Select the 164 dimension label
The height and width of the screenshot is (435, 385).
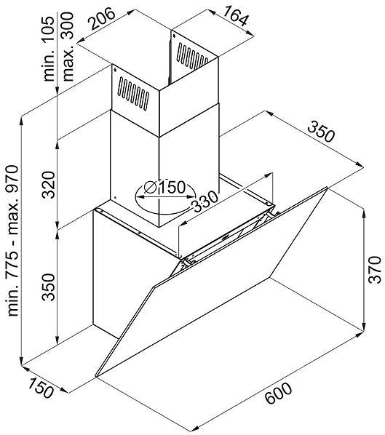tap(235, 16)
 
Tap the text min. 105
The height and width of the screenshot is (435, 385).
tap(49, 49)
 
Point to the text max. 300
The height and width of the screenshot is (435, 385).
tap(68, 47)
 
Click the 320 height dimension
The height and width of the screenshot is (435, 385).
tap(49, 185)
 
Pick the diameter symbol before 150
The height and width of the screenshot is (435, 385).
tap(151, 188)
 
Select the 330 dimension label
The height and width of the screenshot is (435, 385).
tap(205, 201)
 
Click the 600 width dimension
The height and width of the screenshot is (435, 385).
tap(279, 393)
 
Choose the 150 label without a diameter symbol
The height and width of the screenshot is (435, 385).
tap(41, 388)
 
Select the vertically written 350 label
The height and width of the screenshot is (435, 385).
tap(49, 287)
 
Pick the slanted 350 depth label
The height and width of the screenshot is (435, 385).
tap(322, 131)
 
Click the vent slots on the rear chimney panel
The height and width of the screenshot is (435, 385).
tap(192, 56)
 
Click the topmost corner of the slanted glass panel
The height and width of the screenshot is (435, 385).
tap(327, 188)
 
